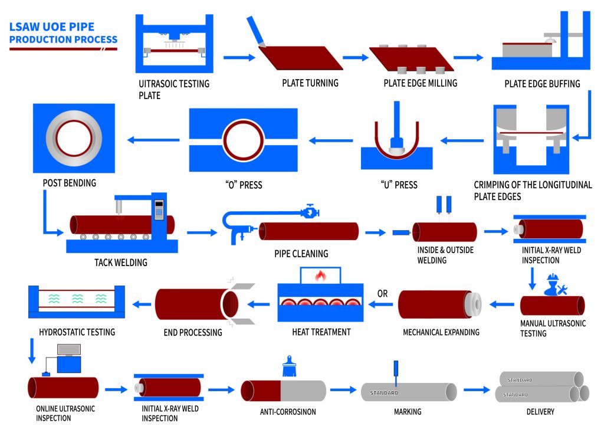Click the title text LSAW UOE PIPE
point(52,27)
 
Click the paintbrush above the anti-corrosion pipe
point(289,367)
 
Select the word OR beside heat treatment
point(382,293)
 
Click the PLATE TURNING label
point(310,83)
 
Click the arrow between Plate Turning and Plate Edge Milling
point(355,58)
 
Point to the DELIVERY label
point(540,412)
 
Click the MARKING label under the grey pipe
point(408,412)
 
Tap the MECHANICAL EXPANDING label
point(441,332)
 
